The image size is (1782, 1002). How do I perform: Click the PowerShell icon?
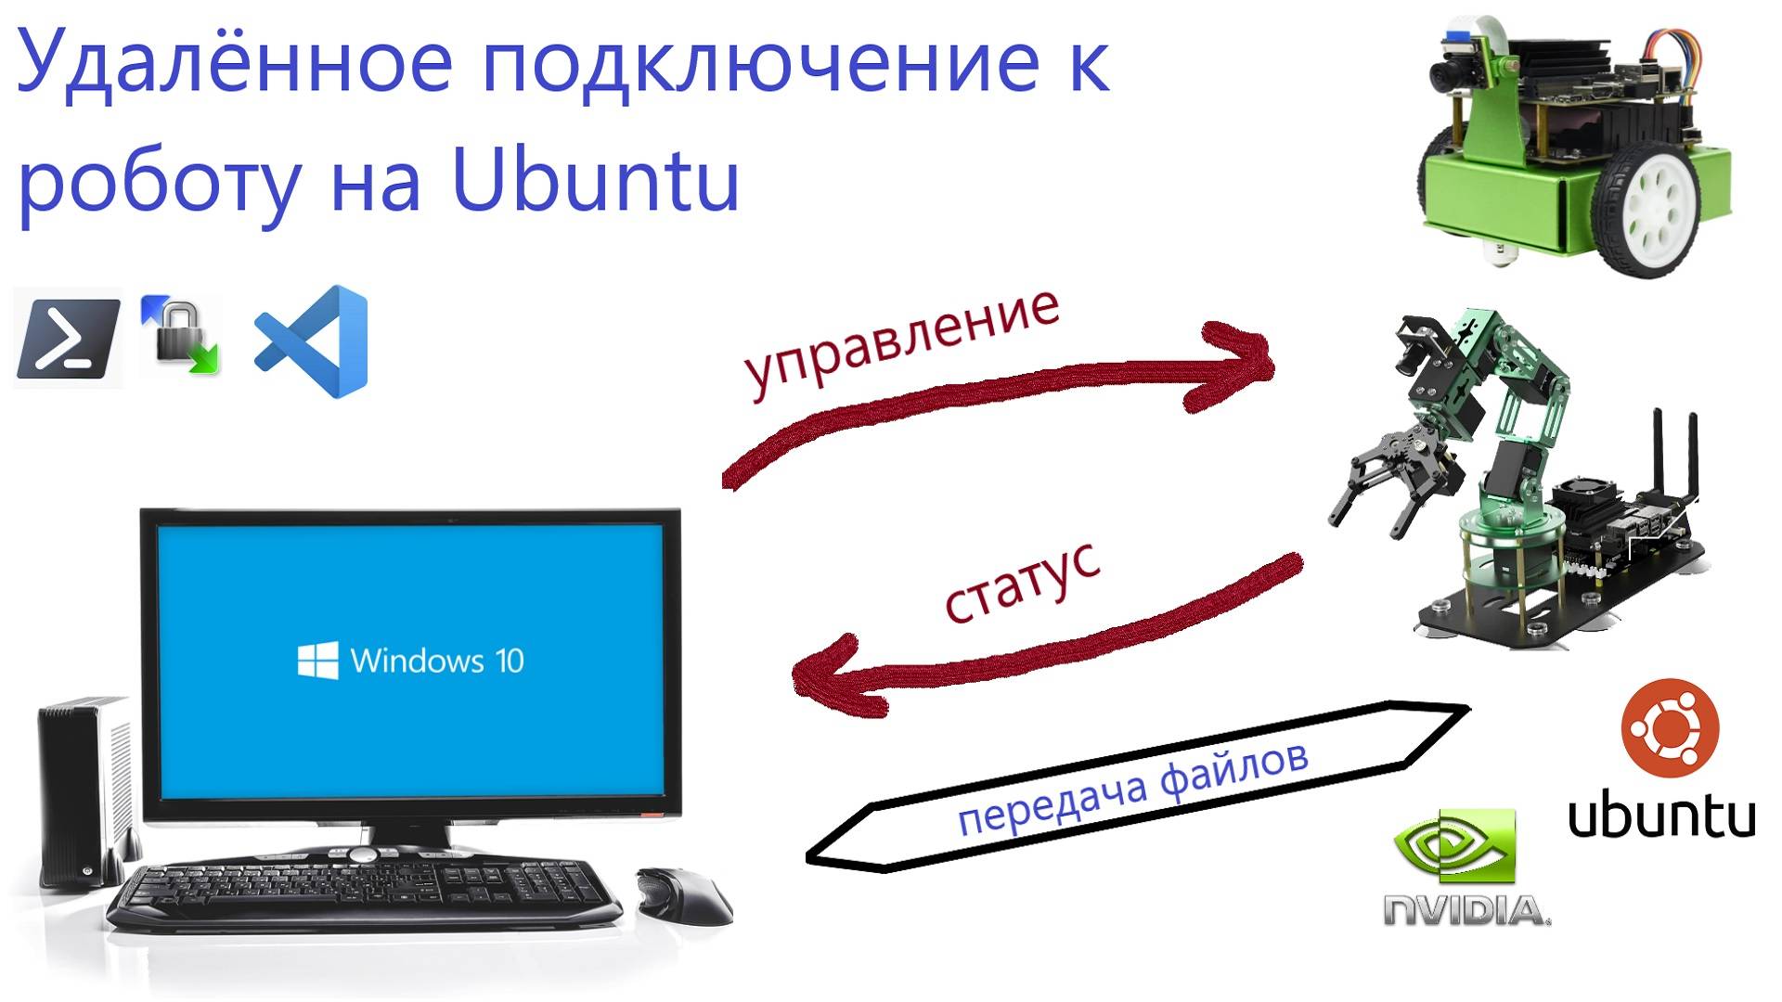pos(68,338)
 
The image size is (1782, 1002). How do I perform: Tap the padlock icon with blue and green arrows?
pos(180,336)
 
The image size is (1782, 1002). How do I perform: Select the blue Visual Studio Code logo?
pos(314,341)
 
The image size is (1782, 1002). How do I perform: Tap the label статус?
pos(1022,584)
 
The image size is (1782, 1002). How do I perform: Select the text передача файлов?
pos(1132,788)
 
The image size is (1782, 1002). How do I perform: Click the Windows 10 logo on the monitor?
pos(410,661)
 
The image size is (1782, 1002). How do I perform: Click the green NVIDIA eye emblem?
pos(1455,845)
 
